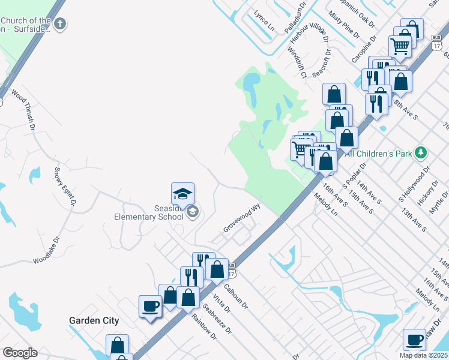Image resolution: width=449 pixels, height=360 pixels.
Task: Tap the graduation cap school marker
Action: pyautogui.click(x=182, y=194)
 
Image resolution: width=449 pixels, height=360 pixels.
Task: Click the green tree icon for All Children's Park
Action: pyautogui.click(x=422, y=153)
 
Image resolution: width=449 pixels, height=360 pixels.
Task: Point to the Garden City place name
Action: pyautogui.click(x=94, y=320)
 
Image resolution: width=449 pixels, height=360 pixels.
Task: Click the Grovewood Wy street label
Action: pyautogui.click(x=243, y=220)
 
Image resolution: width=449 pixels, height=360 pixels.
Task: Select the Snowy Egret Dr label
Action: pyautogui.click(x=65, y=187)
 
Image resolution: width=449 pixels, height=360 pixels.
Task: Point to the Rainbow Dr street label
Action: pyautogui.click(x=203, y=326)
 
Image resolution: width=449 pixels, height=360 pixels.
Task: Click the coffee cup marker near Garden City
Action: pyautogui.click(x=150, y=306)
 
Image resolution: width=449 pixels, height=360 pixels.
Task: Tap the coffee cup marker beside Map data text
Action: pyautogui.click(x=414, y=340)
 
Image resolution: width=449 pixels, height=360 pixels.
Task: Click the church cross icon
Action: pyautogui.click(x=59, y=24)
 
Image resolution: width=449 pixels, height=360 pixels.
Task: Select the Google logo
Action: pyautogui.click(x=19, y=352)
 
